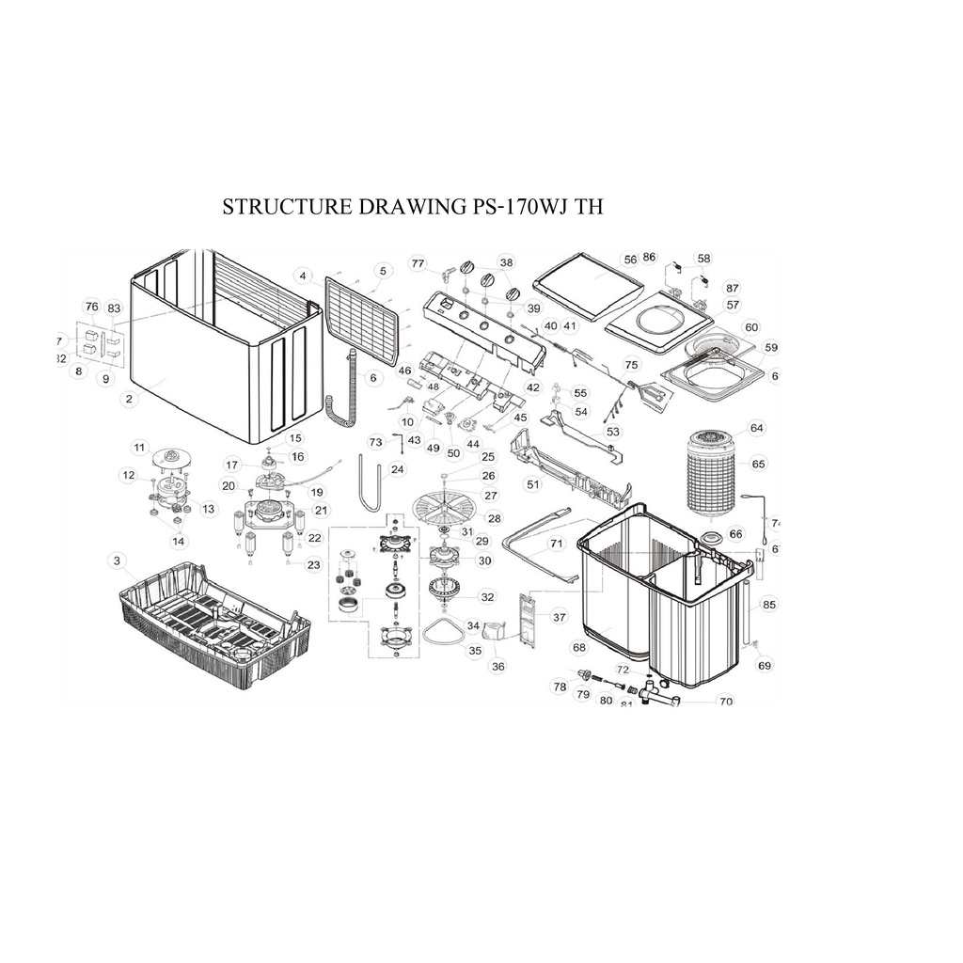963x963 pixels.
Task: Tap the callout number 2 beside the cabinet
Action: (x=129, y=399)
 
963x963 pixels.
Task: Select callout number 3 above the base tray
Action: (x=117, y=560)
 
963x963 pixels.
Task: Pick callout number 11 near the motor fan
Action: (x=141, y=447)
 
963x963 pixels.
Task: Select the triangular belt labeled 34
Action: (x=442, y=632)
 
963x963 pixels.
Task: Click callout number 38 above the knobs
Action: (x=507, y=262)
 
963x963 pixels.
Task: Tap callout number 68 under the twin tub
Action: (x=579, y=647)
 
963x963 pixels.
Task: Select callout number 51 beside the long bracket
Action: (x=533, y=484)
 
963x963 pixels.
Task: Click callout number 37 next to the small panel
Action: (x=560, y=617)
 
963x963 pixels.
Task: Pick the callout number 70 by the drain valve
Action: (x=725, y=701)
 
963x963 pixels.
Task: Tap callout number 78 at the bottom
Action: (x=560, y=687)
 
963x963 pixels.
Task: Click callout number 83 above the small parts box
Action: (x=114, y=308)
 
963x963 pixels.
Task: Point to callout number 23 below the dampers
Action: (x=314, y=564)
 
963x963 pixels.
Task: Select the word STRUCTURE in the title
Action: (x=286, y=207)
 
